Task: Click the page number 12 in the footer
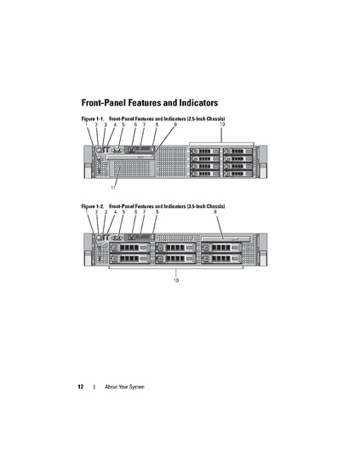coord(81,387)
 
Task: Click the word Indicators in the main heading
coord(198,103)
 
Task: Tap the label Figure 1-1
coord(92,119)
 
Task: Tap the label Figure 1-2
coord(92,206)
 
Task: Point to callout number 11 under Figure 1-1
coord(113,187)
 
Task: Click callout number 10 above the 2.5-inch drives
coord(222,124)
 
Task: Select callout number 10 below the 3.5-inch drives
coord(176,280)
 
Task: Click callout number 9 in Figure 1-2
coord(215,212)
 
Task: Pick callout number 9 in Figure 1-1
coord(175,124)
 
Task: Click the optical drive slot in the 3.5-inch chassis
coord(226,239)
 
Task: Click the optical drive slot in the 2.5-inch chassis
coord(130,157)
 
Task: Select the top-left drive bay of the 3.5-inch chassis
coord(129,248)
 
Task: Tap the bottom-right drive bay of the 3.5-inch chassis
coord(221,259)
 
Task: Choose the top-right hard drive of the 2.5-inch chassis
coord(238,152)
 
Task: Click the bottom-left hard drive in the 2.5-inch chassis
coord(205,174)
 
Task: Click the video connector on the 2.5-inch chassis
coord(117,150)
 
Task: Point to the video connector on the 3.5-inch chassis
coord(117,238)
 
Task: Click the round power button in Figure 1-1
coord(99,149)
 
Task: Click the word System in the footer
coord(136,387)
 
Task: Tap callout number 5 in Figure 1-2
coord(123,212)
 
